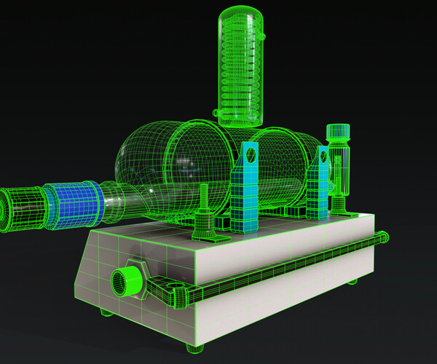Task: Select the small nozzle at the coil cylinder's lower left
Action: click(217, 113)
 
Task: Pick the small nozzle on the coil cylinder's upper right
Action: click(261, 34)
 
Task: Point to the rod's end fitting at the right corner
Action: click(380, 237)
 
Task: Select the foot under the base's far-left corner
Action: click(106, 314)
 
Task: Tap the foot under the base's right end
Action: click(353, 282)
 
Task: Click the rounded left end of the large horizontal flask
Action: click(135, 157)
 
